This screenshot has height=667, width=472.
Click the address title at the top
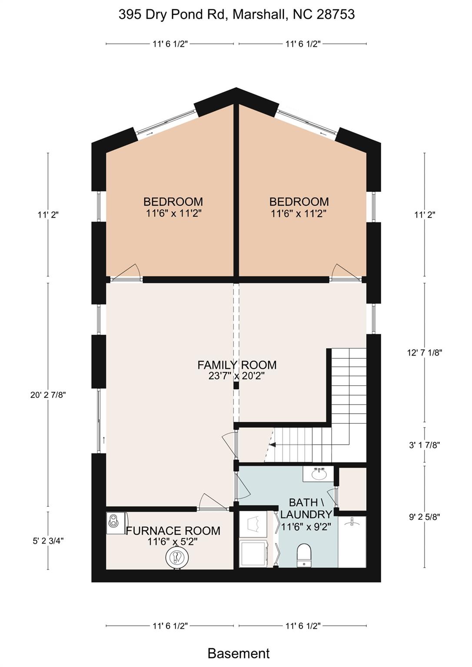[236, 14]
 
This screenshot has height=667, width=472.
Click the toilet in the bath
[304, 555]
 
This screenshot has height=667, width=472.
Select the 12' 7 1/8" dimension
[424, 353]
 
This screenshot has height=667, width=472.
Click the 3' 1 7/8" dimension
[425, 445]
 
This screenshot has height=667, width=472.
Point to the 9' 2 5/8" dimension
[425, 517]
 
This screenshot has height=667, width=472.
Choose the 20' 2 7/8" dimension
[48, 395]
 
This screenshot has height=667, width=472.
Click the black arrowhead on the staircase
[272, 445]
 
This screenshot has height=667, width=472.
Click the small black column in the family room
[236, 386]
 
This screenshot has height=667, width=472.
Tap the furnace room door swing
[213, 502]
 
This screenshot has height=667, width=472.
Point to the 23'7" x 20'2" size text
[237, 376]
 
